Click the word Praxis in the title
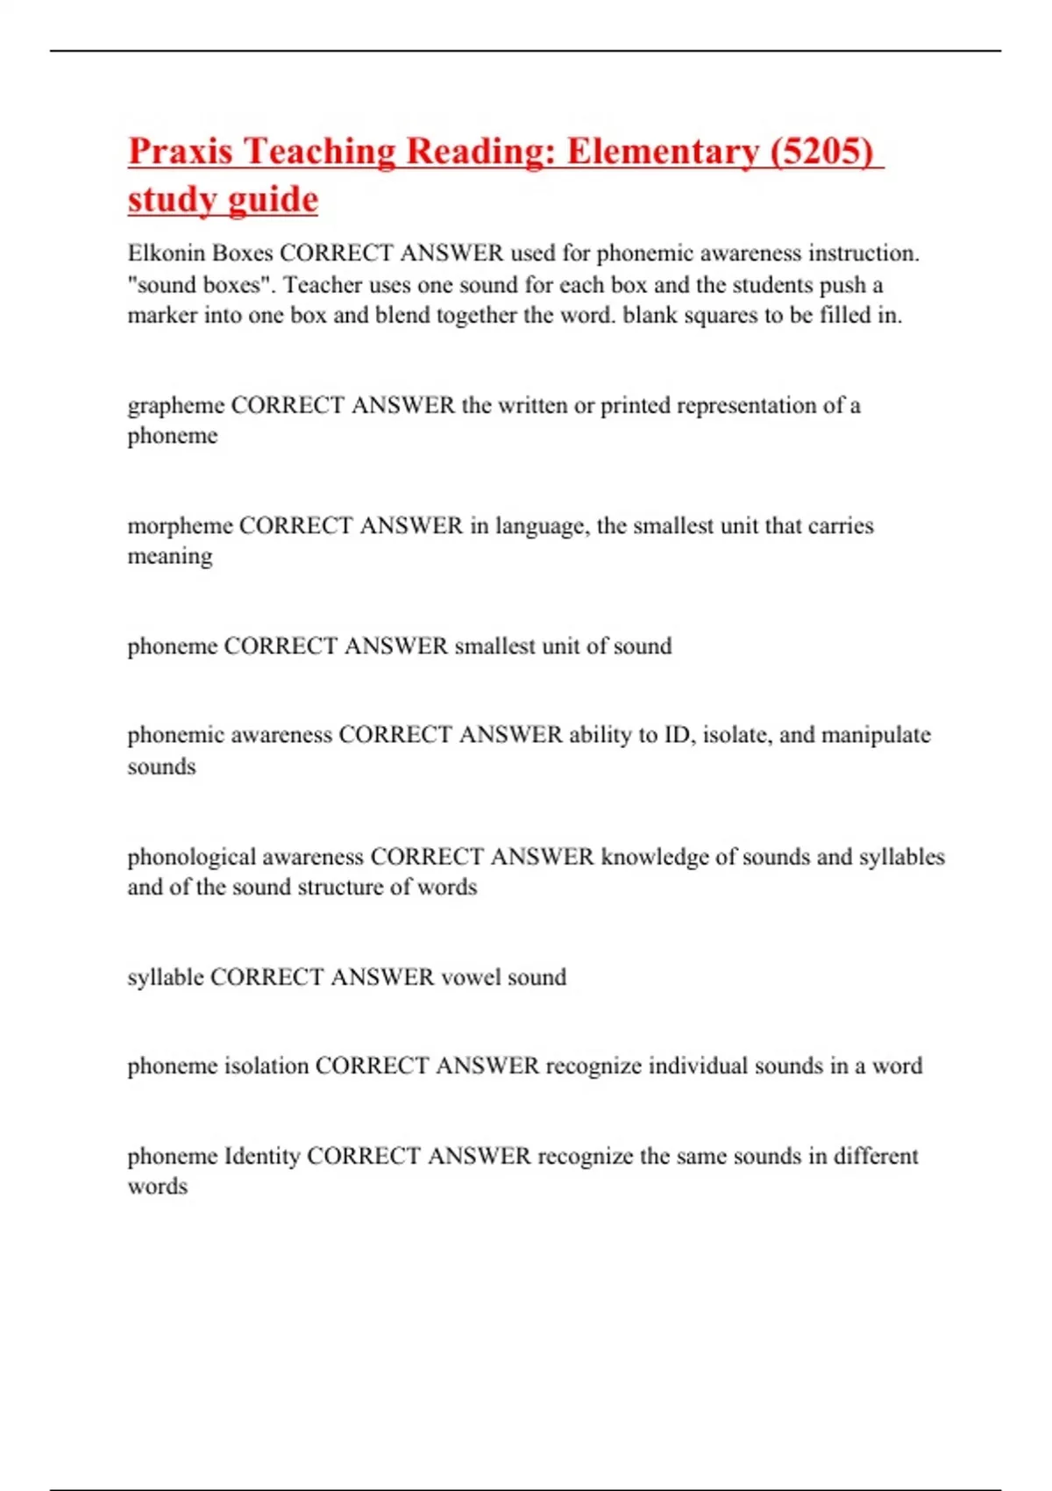point(181,152)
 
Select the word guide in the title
point(271,200)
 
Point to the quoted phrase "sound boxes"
point(199,285)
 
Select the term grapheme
point(175,406)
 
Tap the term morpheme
point(180,526)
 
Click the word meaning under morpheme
point(170,557)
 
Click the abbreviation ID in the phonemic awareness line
point(677,735)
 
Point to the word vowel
point(470,977)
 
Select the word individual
point(673,1067)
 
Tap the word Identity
point(262,1156)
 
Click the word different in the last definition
point(876,1156)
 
